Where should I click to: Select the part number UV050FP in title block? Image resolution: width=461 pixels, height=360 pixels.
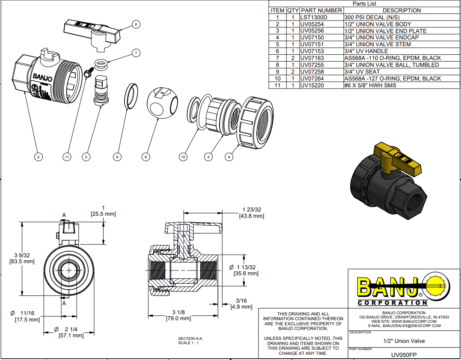(x=404, y=353)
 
